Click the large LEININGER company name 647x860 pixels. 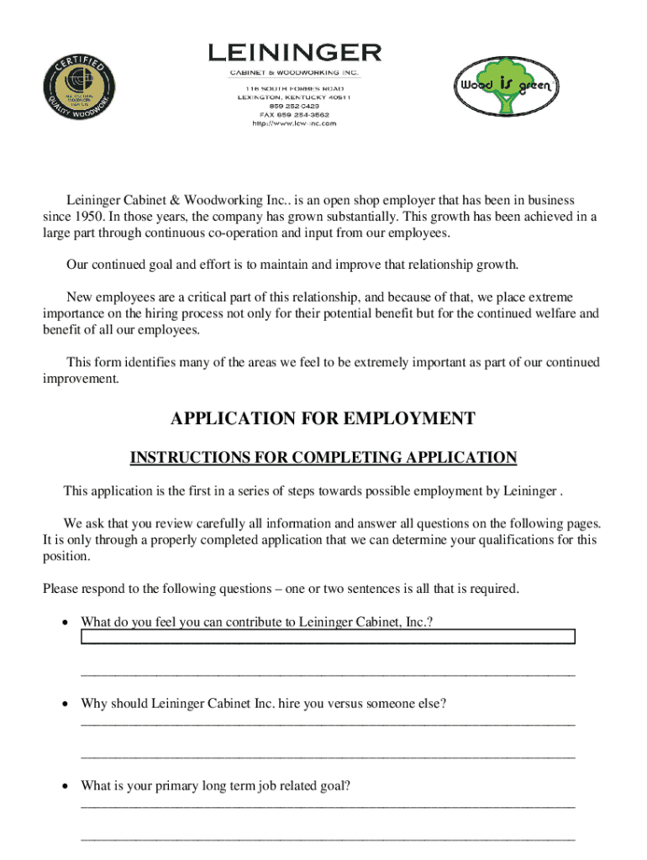coord(294,53)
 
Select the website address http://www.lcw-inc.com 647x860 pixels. coord(294,123)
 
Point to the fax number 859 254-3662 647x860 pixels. coord(294,114)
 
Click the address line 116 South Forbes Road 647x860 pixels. coord(294,88)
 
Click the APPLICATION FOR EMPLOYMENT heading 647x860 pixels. coord(323,418)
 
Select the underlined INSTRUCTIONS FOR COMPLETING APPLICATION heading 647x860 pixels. coord(323,458)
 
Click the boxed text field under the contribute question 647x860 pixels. coord(328,637)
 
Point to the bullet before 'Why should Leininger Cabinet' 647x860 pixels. coord(65,704)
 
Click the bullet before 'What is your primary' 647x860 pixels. coord(65,786)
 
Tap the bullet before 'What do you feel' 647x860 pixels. coord(65,622)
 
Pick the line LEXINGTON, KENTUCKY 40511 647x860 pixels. coord(294,97)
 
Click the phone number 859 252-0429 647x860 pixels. coord(294,106)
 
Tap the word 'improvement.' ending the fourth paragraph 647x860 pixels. coord(81,379)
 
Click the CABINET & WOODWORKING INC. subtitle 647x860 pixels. coord(294,72)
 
